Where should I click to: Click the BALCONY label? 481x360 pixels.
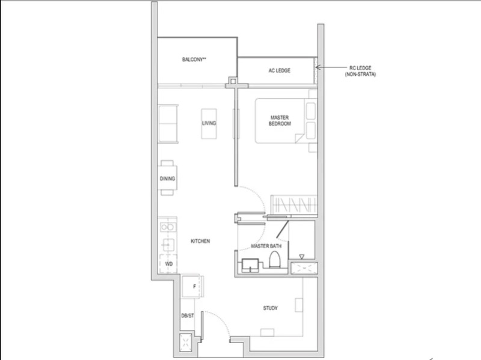point(194,59)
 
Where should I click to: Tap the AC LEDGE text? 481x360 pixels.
point(279,70)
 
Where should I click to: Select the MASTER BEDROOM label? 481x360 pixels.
point(280,120)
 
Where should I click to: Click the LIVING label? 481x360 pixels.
point(209,123)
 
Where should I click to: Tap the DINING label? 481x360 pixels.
point(167,178)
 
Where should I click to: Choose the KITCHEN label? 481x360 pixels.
point(200,241)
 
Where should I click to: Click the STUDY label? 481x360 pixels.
point(271,308)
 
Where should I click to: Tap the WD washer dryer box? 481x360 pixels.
point(168,263)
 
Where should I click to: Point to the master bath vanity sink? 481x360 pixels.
point(250,264)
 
